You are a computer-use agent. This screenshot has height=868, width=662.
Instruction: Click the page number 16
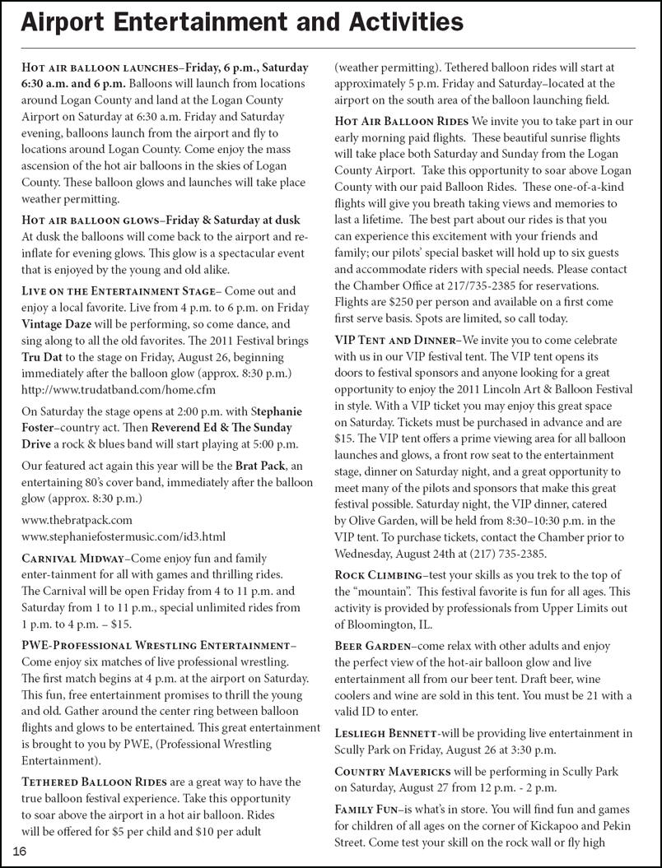(19, 851)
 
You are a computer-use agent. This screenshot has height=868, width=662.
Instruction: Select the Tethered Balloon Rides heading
(93, 782)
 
